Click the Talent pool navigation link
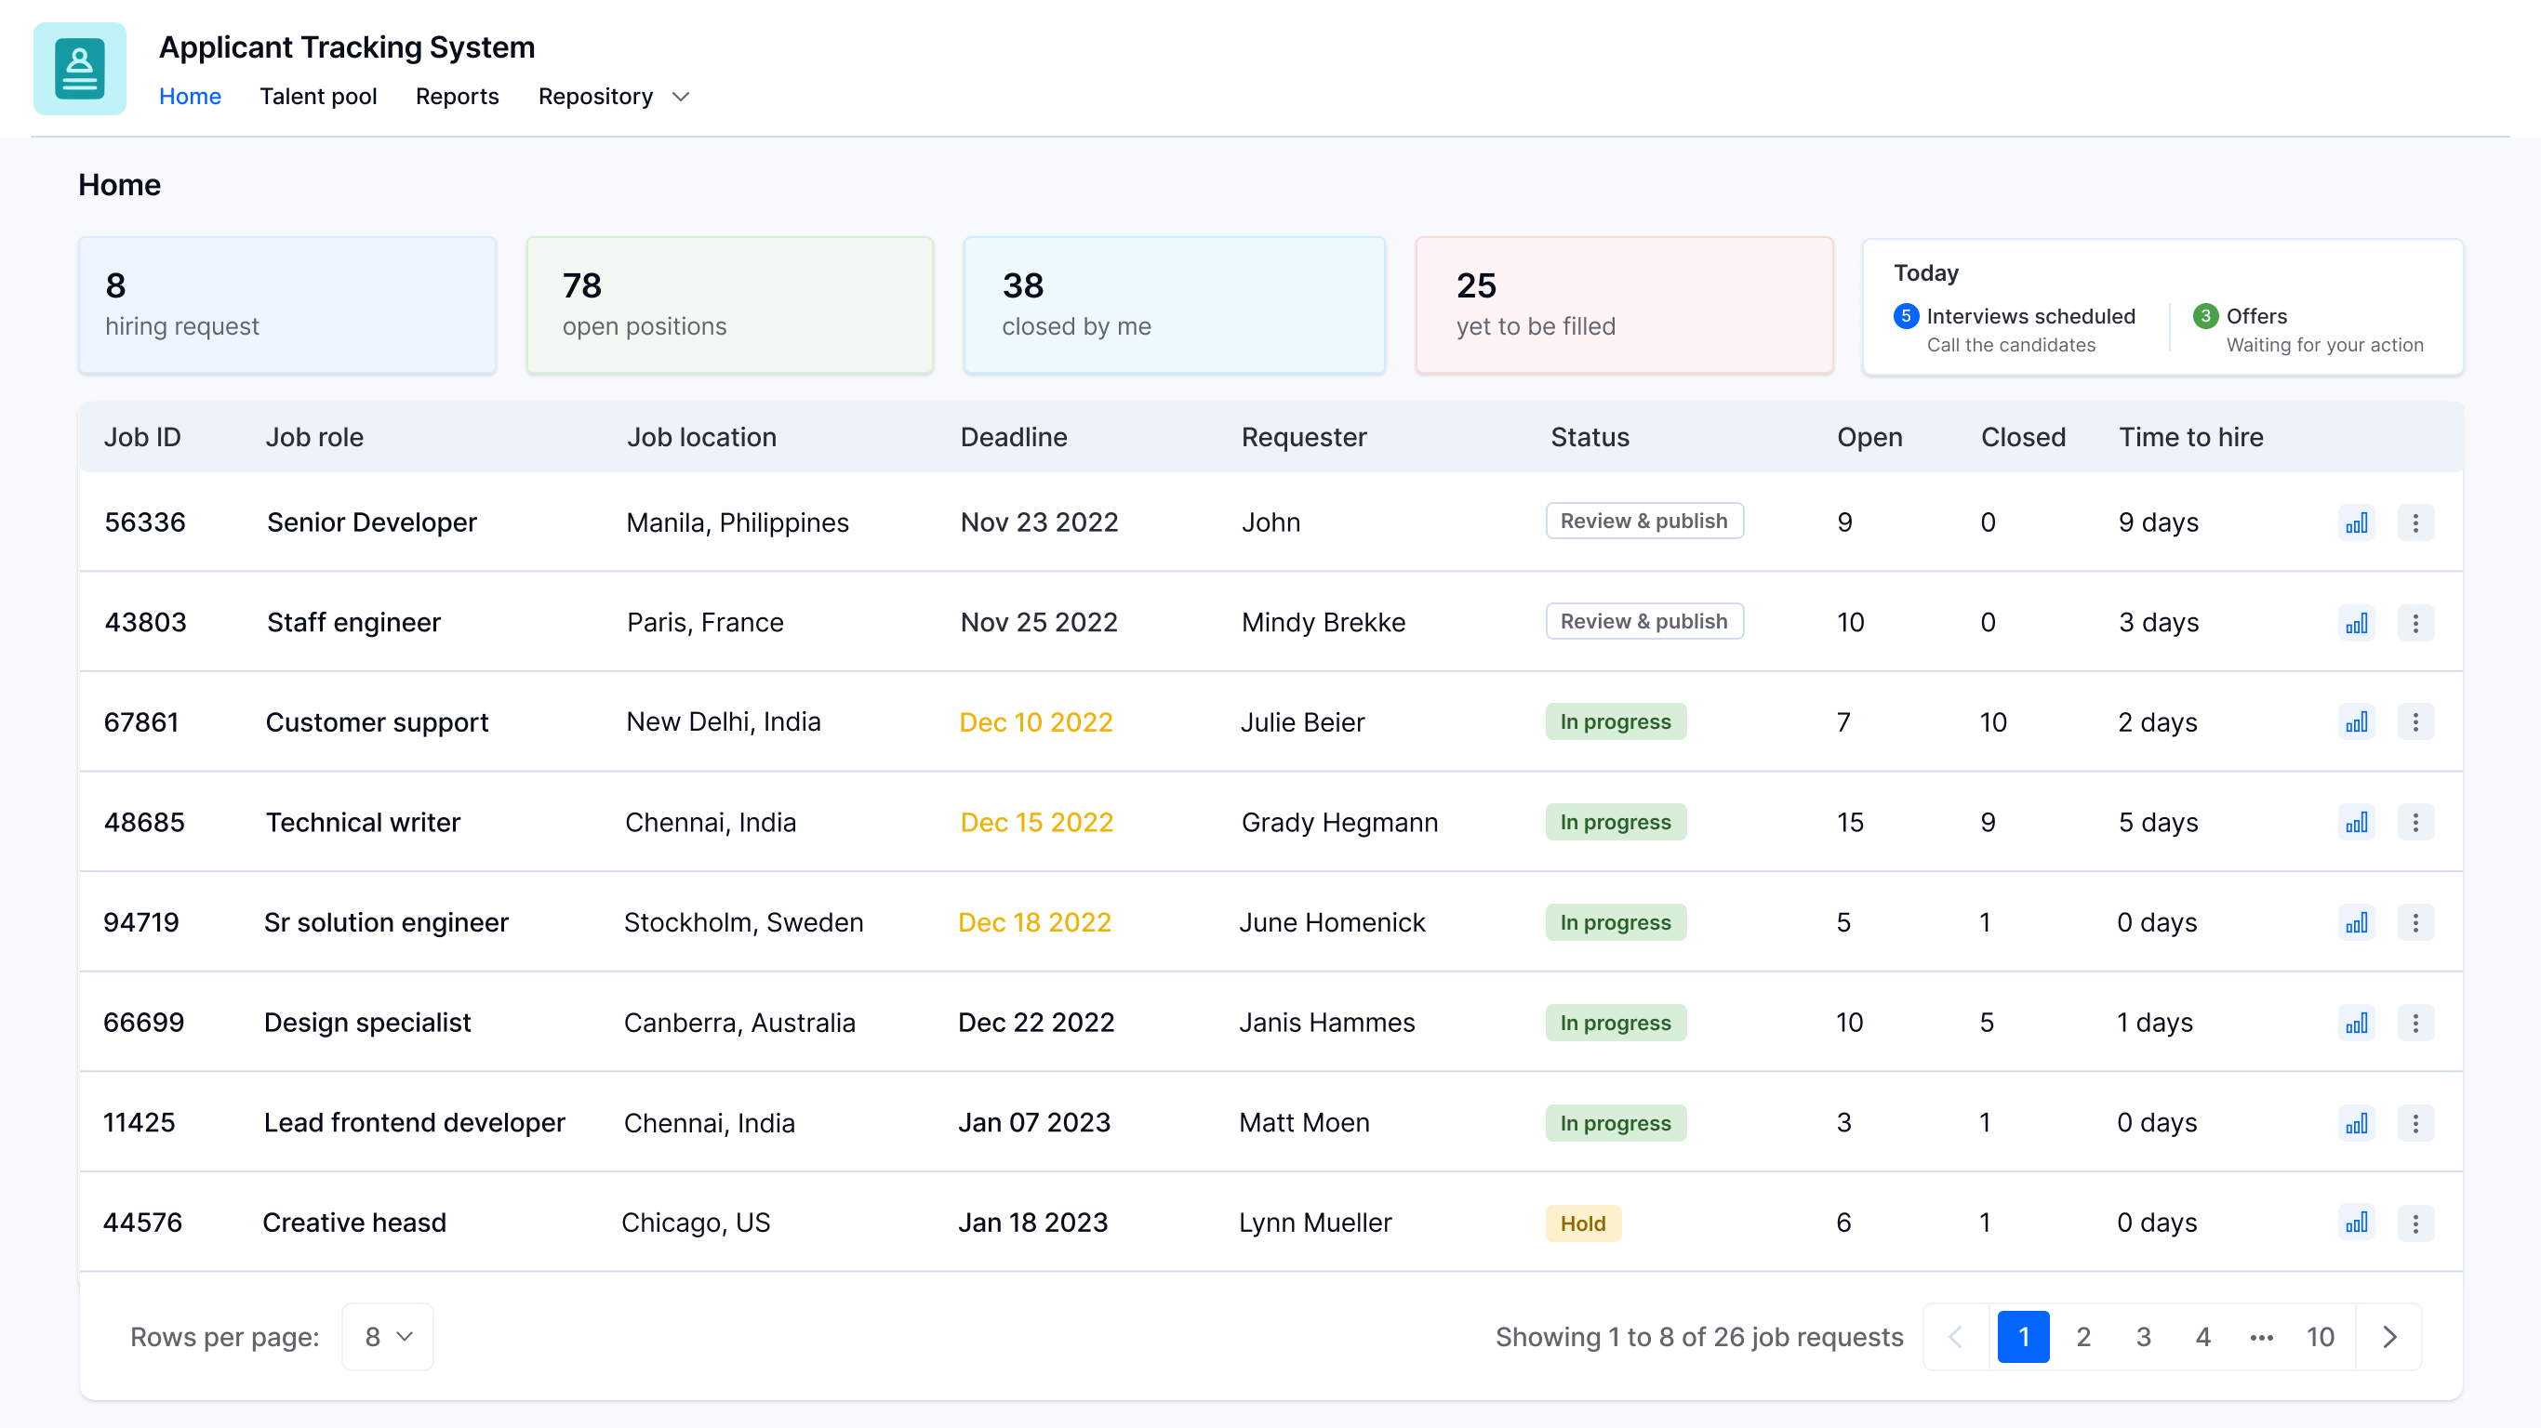(318, 97)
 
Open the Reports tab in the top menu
(457, 97)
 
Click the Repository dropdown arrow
(681, 97)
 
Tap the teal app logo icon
(80, 69)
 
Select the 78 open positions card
(729, 305)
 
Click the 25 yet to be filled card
(1624, 305)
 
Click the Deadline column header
(1013, 437)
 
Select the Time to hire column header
(2191, 437)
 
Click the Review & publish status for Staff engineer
(1643, 621)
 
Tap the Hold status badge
(1582, 1223)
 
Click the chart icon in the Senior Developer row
(2356, 522)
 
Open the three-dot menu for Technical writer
(2415, 823)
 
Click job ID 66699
(144, 1022)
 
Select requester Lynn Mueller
(1315, 1223)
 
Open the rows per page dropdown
(388, 1336)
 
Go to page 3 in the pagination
(2143, 1336)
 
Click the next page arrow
(2388, 1336)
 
